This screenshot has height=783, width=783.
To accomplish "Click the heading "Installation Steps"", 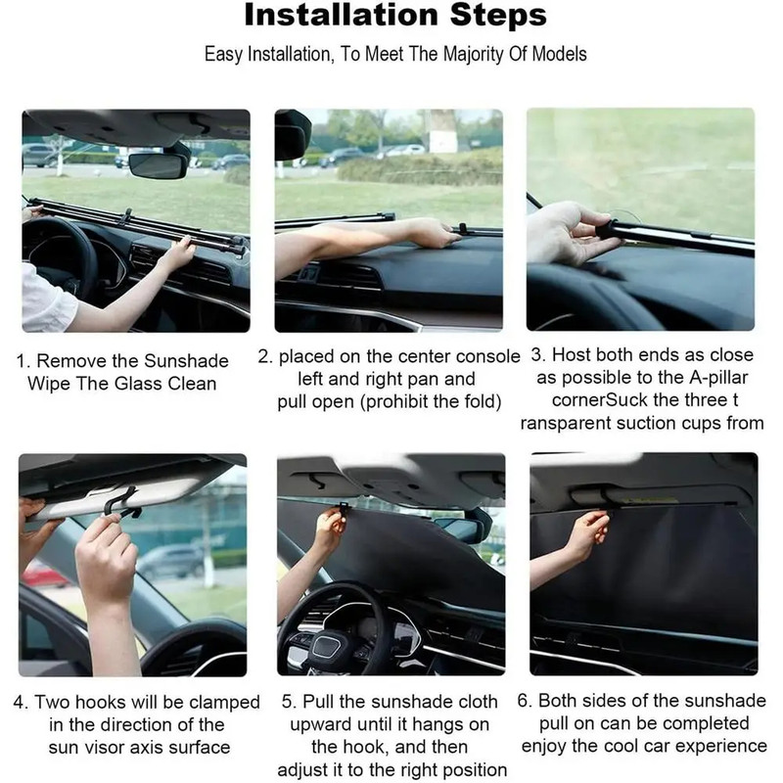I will [x=395, y=17].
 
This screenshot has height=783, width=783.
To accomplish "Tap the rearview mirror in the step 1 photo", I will [x=157, y=164].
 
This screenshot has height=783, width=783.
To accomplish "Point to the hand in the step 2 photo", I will [x=431, y=233].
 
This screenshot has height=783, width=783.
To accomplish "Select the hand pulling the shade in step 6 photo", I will [x=587, y=533].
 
